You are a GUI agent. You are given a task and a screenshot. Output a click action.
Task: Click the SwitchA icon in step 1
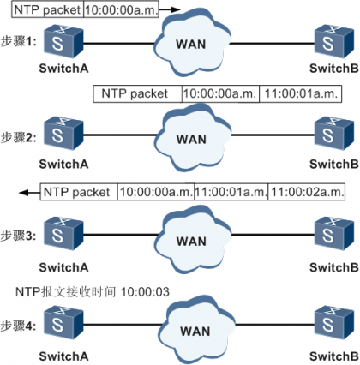coord(63,42)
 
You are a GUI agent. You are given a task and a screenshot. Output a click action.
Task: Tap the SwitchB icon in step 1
coord(334,42)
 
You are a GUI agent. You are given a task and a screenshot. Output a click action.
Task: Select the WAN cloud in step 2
coord(192,138)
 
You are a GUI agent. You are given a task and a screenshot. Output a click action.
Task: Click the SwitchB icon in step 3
coord(334,234)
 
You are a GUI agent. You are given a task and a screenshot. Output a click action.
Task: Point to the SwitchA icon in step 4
coord(63,323)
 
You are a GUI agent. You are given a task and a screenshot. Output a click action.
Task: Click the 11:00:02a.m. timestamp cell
coord(307,192)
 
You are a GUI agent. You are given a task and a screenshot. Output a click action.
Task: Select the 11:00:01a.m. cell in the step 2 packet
coord(301,93)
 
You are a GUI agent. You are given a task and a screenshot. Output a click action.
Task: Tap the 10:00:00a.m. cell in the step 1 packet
coord(121,9)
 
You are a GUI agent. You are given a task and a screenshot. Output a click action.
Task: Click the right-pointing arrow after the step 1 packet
coord(170,9)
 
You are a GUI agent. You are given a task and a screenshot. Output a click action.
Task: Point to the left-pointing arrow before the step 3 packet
coord(29,193)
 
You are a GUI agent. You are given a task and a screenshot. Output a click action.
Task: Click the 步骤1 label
coord(18,42)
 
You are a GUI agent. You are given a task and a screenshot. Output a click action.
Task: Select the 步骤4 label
coord(18,326)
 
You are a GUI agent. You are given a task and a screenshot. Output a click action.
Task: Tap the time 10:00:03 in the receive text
coord(145,292)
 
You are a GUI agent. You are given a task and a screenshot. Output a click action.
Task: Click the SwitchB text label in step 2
coord(334,165)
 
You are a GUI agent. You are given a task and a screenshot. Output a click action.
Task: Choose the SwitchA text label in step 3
coord(63,267)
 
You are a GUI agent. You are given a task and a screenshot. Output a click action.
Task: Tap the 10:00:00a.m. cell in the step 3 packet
coord(156,192)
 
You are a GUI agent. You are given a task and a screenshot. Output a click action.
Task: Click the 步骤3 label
coord(18,236)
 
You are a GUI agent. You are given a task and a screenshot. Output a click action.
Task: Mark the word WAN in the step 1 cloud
coord(191,45)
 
